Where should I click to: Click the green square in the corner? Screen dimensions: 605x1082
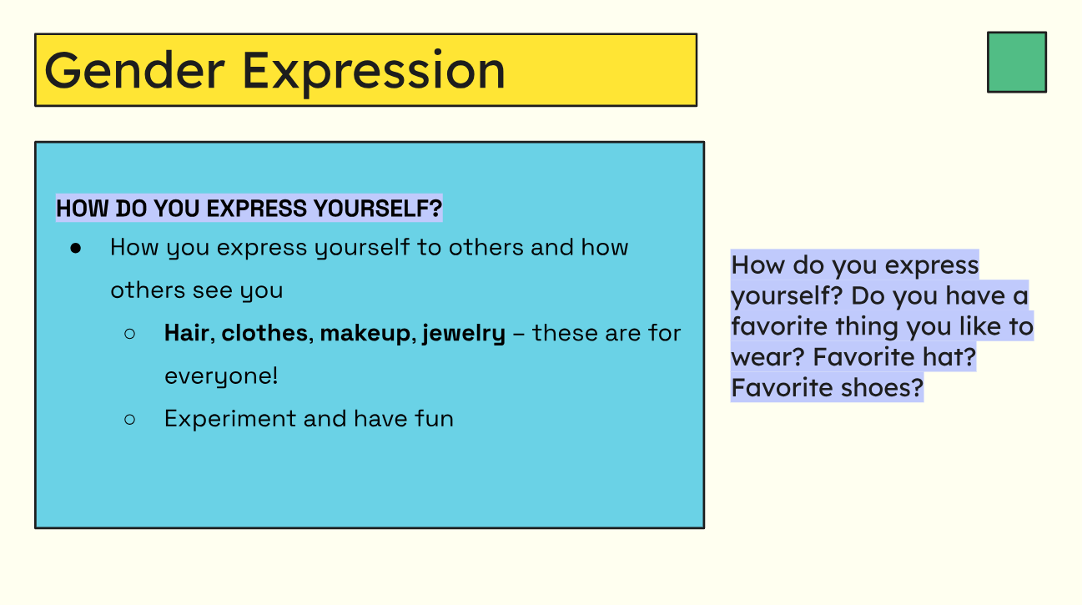(x=1016, y=62)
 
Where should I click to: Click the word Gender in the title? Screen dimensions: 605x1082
(x=134, y=70)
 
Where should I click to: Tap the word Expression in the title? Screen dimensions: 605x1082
(x=374, y=70)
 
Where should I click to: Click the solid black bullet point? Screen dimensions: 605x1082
(x=76, y=248)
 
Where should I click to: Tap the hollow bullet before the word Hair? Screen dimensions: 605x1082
(x=129, y=334)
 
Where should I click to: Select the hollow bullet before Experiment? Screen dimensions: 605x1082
(x=129, y=419)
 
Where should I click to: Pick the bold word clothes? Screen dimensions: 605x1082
(x=264, y=333)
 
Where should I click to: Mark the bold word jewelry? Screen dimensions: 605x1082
(x=464, y=334)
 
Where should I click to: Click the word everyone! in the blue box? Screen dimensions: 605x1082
(x=221, y=376)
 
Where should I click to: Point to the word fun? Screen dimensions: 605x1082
(x=434, y=418)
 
